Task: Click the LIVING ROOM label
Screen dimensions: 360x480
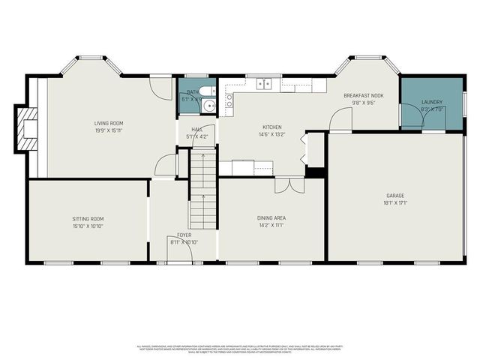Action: pos(109,123)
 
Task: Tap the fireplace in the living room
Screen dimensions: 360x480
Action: pos(28,128)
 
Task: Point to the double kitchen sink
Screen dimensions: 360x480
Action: pos(263,83)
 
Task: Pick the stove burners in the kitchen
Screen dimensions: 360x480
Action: pos(229,100)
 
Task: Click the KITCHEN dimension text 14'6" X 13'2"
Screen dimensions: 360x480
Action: pos(271,135)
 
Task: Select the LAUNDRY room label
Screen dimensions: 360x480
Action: pos(432,102)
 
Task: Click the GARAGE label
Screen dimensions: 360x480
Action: pos(395,196)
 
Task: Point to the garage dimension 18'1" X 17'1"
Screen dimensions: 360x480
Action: pos(395,203)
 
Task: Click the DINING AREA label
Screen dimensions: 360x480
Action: pos(271,218)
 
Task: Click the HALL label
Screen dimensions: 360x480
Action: pos(197,129)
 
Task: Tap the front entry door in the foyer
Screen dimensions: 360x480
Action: pos(179,255)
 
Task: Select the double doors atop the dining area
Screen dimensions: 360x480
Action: pos(288,184)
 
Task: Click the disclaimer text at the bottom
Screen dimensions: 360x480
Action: pos(239,349)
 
